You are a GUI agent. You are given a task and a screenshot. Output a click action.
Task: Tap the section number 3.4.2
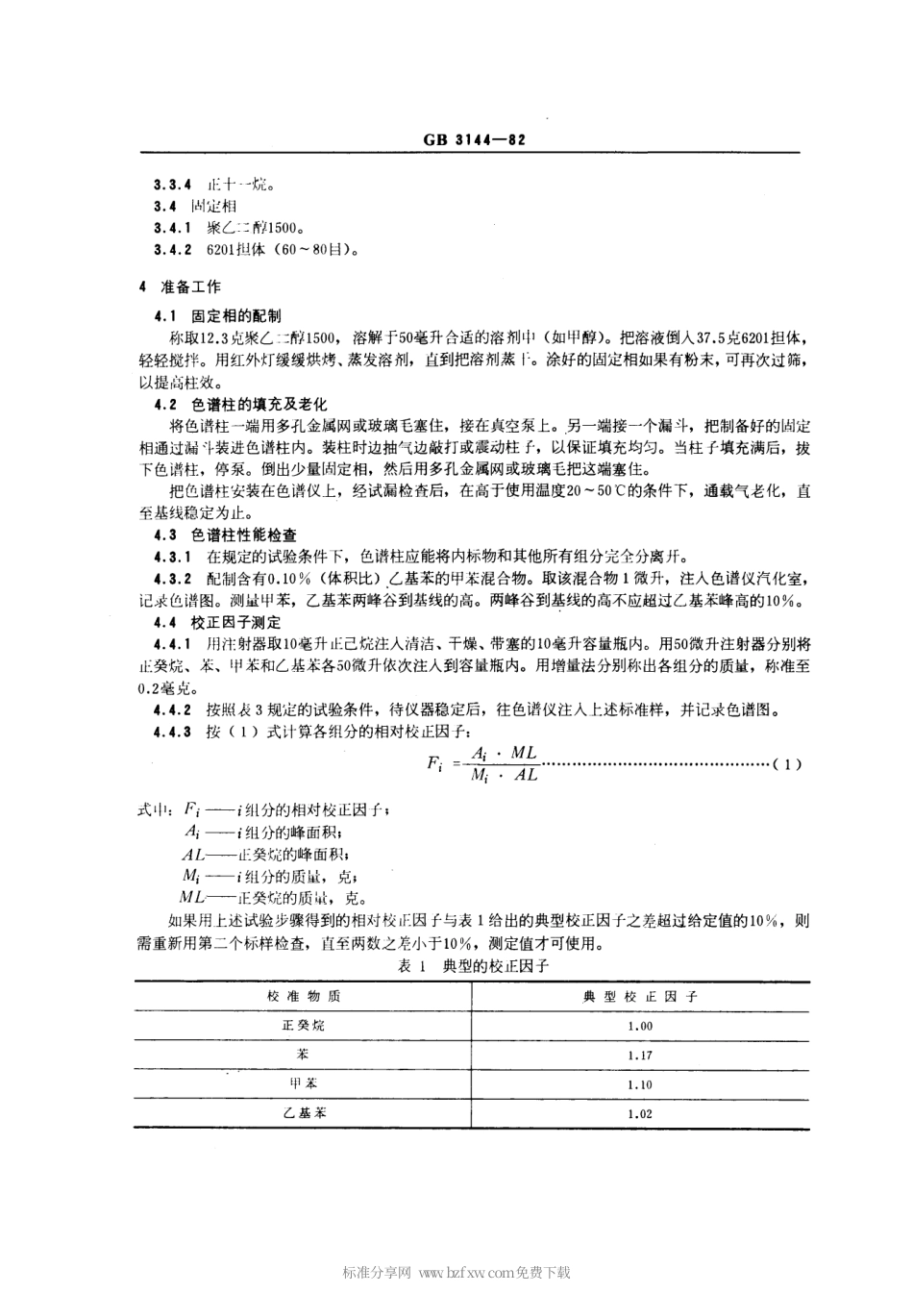pyautogui.click(x=172, y=251)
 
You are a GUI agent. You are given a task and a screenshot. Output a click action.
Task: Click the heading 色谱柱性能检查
pyautogui.click(x=244, y=535)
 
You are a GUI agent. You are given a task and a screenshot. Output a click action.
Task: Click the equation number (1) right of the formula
pyautogui.click(x=786, y=765)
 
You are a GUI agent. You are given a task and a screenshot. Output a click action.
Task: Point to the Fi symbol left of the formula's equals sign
pyautogui.click(x=434, y=765)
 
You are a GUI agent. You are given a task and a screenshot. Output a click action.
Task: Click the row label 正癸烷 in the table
pyautogui.click(x=303, y=1026)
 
